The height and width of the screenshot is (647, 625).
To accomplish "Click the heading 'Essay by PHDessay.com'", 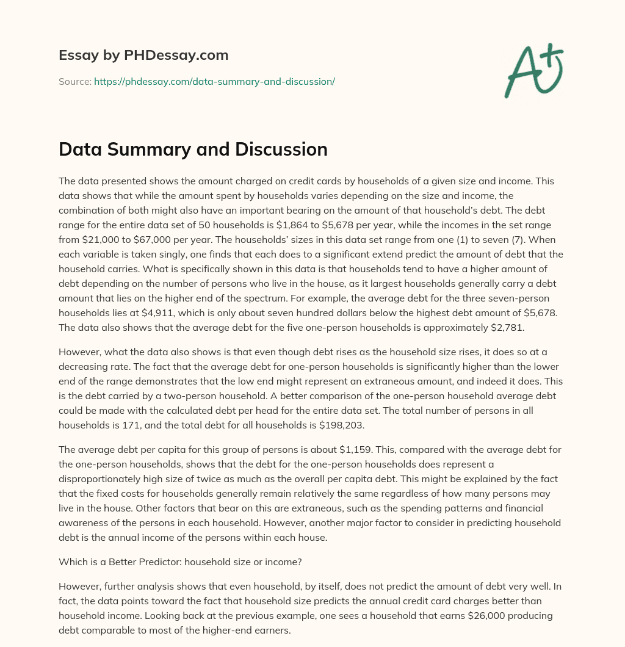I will click(x=143, y=56).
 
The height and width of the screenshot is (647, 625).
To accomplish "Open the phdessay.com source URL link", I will click(x=214, y=81).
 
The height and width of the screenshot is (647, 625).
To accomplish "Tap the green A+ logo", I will click(x=533, y=70).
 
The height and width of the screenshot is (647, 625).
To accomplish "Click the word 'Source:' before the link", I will click(x=74, y=81).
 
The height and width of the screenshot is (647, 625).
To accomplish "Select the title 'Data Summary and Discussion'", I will click(x=193, y=150).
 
